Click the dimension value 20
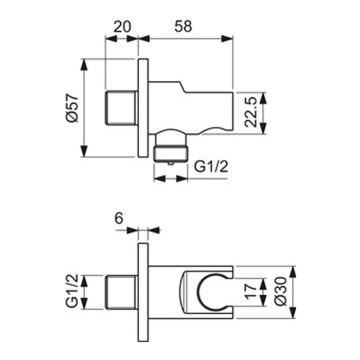pos(122,26)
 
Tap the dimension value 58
pos(183,26)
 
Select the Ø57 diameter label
pos(72,107)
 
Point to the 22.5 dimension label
pos(250,112)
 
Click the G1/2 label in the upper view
pos(211,167)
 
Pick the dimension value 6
pos(119,218)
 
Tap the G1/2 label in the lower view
pos(72,291)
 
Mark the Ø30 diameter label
pos(281,292)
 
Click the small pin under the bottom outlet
pos(171,163)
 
